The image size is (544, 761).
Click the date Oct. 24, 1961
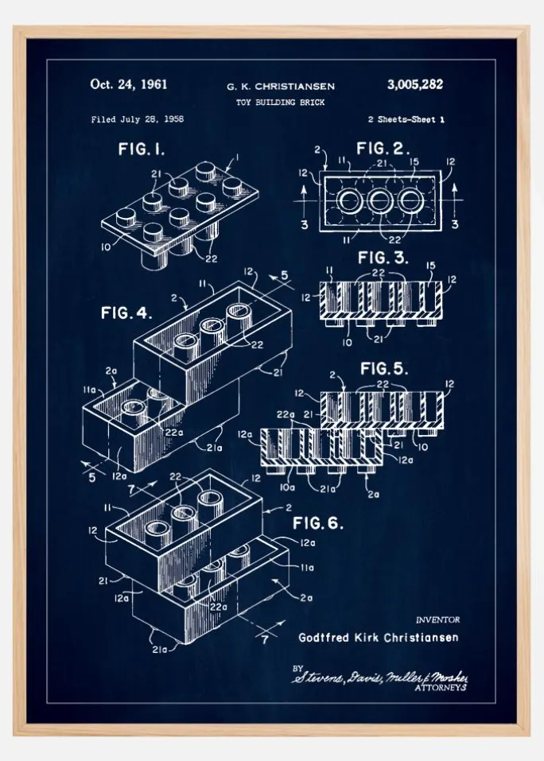[129, 84]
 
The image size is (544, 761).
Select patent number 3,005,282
[414, 84]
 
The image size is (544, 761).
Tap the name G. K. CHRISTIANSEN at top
[281, 86]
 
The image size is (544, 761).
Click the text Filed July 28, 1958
[138, 119]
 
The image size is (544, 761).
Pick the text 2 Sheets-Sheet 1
[406, 119]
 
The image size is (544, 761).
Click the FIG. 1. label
[142, 149]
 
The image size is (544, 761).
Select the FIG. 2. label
[383, 149]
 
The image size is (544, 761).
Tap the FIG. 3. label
[383, 258]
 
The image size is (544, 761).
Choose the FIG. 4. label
[126, 313]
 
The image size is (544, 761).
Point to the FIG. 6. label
[318, 522]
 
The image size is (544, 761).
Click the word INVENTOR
[437, 619]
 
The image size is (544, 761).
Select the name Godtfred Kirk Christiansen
[378, 637]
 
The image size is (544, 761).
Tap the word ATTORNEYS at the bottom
[441, 689]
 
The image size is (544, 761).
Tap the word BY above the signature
[298, 668]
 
